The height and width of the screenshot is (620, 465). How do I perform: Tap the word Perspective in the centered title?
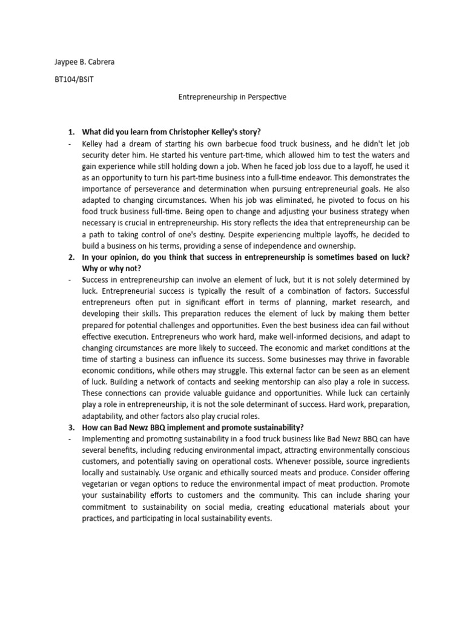coord(260,97)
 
